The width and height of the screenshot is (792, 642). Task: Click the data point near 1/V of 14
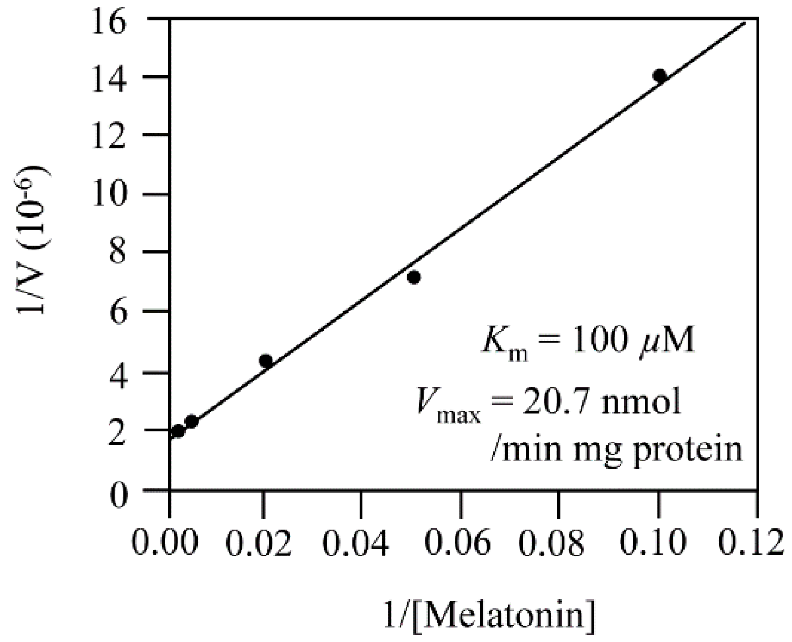[x=659, y=76]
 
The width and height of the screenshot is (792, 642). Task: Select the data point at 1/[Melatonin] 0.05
[x=414, y=278]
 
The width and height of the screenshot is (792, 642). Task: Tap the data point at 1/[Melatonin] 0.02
[x=266, y=361]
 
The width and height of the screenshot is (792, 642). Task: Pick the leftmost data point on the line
[x=178, y=431]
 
